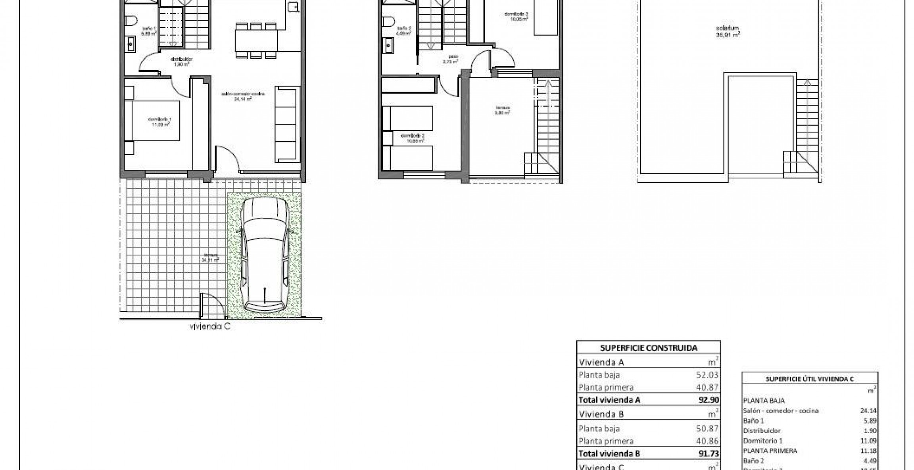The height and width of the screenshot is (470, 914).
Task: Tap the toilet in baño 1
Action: [x=131, y=20]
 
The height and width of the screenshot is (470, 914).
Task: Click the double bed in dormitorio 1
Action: [x=152, y=121]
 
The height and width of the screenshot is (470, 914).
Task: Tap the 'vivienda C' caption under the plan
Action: [x=210, y=327]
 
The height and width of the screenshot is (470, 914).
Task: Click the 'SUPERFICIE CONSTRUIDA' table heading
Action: [x=648, y=348]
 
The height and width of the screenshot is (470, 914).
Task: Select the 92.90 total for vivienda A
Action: [x=709, y=400]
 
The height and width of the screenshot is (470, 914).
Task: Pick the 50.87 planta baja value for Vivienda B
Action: [x=708, y=428]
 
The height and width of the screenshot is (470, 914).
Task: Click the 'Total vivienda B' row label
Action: [x=609, y=454]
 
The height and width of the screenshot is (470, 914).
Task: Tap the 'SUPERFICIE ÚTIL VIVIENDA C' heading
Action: [x=809, y=379]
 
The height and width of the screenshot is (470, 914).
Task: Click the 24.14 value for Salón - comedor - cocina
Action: [x=868, y=411]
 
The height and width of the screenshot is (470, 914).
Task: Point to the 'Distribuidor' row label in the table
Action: [x=762, y=430]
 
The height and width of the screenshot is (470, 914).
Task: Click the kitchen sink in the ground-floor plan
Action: [x=293, y=7]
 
